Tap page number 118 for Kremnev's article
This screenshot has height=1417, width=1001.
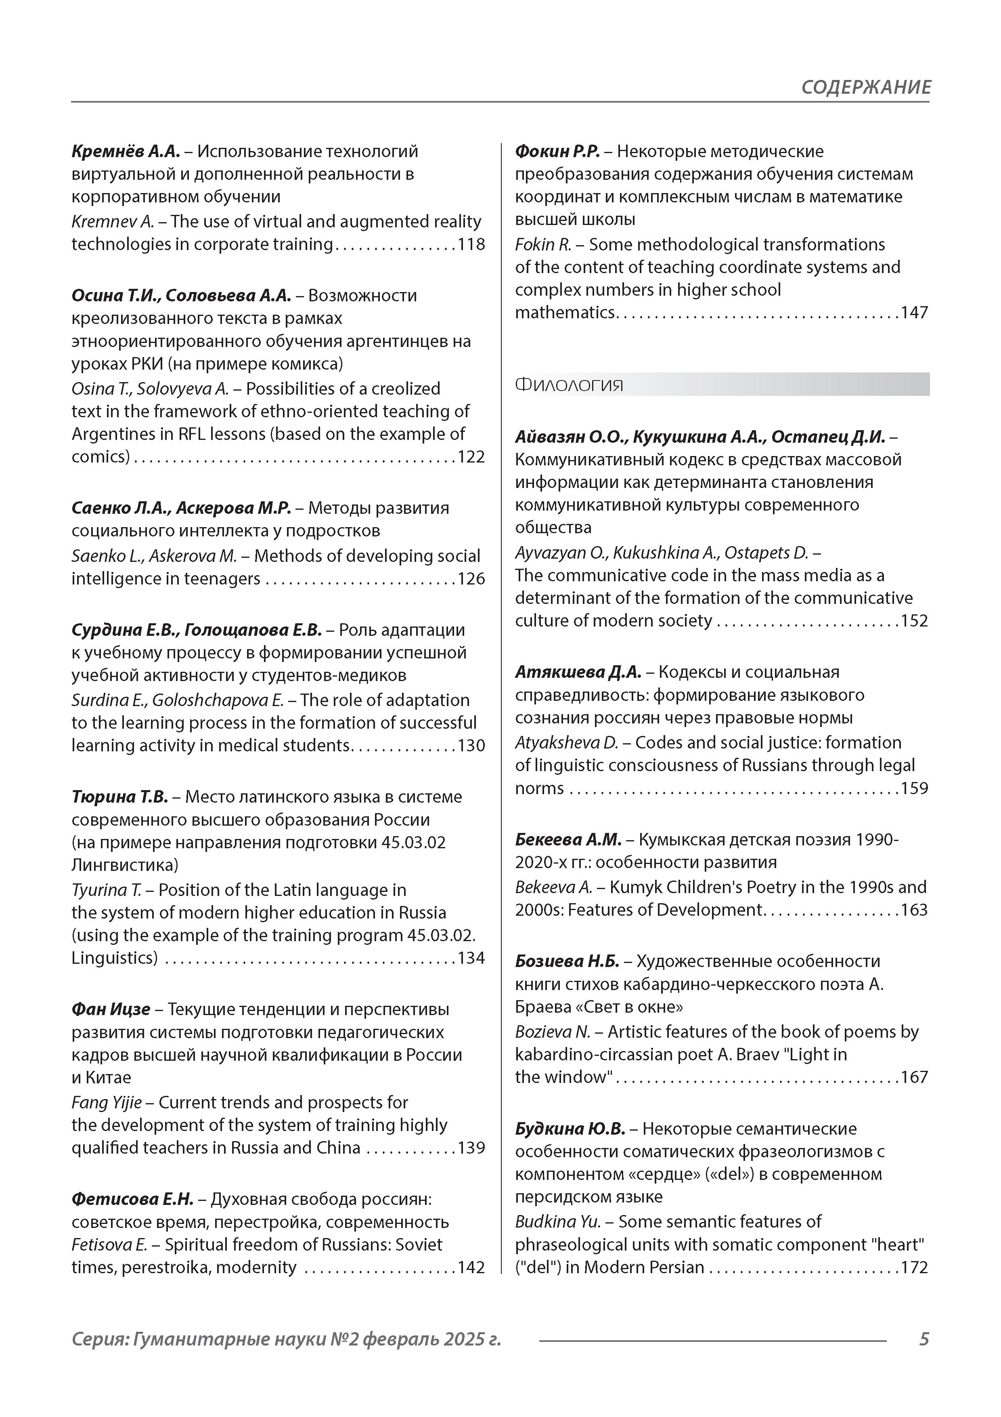click(x=471, y=244)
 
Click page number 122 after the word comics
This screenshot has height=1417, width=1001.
click(x=471, y=457)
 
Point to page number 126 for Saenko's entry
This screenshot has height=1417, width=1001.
click(x=471, y=579)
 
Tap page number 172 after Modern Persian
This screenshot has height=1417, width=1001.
click(x=914, y=1267)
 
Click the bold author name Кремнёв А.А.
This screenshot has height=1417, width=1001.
click(x=125, y=151)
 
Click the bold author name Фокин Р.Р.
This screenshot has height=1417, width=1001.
click(x=557, y=151)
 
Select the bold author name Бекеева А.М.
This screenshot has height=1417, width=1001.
click(x=568, y=839)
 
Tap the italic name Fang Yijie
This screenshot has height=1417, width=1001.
click(x=106, y=1102)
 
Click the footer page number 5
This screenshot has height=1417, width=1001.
click(x=923, y=1339)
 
